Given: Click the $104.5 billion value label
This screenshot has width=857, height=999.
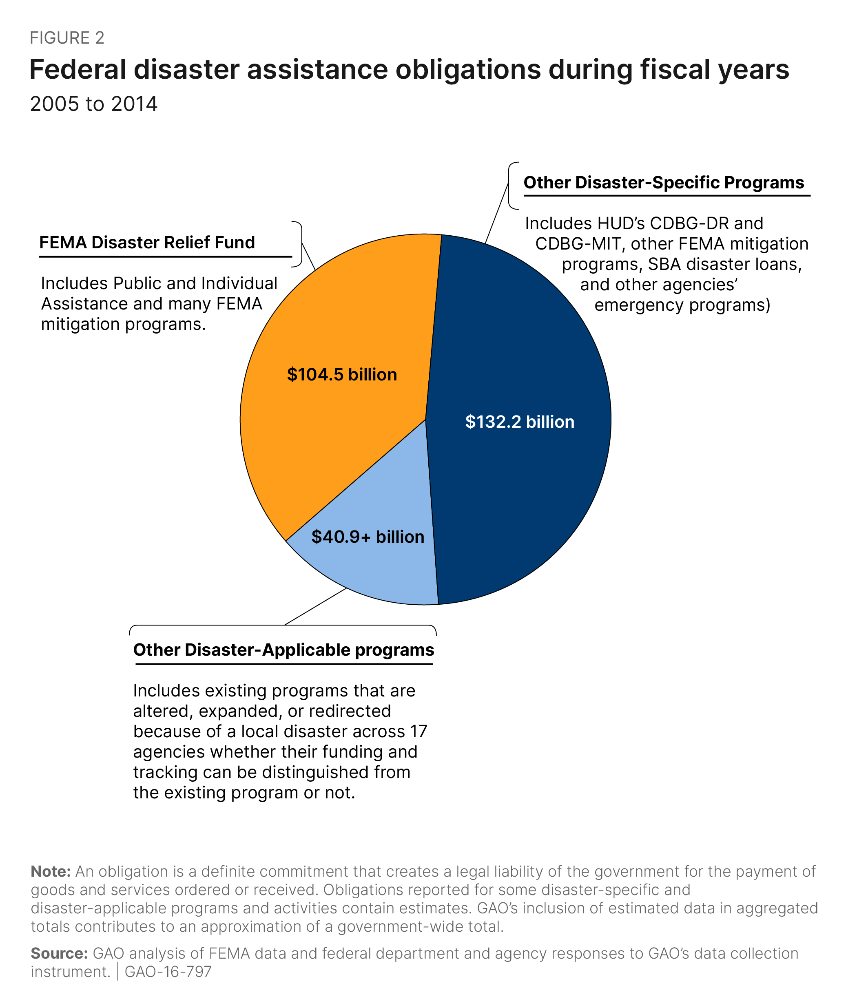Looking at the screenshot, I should (342, 375).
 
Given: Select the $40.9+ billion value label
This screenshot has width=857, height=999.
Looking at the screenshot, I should (368, 537).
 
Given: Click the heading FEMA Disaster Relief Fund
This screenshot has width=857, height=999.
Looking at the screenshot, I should (147, 242).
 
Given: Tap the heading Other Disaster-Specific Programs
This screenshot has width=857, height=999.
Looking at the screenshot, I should (664, 182).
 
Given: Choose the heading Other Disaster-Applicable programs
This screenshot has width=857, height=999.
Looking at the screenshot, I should (283, 650).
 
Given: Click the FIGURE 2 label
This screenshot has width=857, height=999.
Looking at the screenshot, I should (67, 38).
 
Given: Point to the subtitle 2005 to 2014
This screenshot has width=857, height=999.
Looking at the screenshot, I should (93, 104).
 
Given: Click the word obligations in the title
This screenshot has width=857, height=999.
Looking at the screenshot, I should (468, 69).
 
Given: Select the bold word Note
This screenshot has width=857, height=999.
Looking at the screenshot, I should (51, 871).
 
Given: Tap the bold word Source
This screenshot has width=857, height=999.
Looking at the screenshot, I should (59, 953).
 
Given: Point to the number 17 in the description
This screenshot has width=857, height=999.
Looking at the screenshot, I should (418, 732).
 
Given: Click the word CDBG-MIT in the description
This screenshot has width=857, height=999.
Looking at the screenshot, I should (580, 244).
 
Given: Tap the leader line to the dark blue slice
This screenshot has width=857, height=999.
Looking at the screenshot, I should (497, 212).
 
